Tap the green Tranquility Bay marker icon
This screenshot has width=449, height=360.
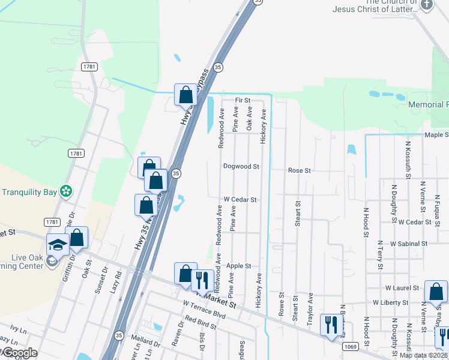click(x=66, y=192)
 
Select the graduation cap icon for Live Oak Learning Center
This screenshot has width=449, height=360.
click(x=58, y=245)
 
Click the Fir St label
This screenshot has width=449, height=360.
click(x=243, y=100)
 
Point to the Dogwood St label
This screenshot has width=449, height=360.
click(x=241, y=166)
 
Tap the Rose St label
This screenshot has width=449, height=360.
click(x=299, y=170)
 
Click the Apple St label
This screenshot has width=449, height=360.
click(x=238, y=266)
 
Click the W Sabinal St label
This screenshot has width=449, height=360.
click(x=408, y=244)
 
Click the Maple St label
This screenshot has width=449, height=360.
click(x=436, y=135)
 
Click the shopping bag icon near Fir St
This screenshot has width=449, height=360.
click(x=185, y=94)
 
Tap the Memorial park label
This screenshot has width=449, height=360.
click(x=429, y=104)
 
